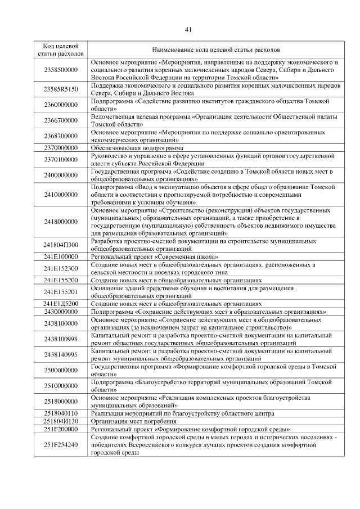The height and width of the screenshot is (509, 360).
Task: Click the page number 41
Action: [x=188, y=29]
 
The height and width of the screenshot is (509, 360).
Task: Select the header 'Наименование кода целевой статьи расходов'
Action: [x=215, y=49]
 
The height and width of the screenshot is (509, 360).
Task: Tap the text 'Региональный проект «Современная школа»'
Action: [x=155, y=256]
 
